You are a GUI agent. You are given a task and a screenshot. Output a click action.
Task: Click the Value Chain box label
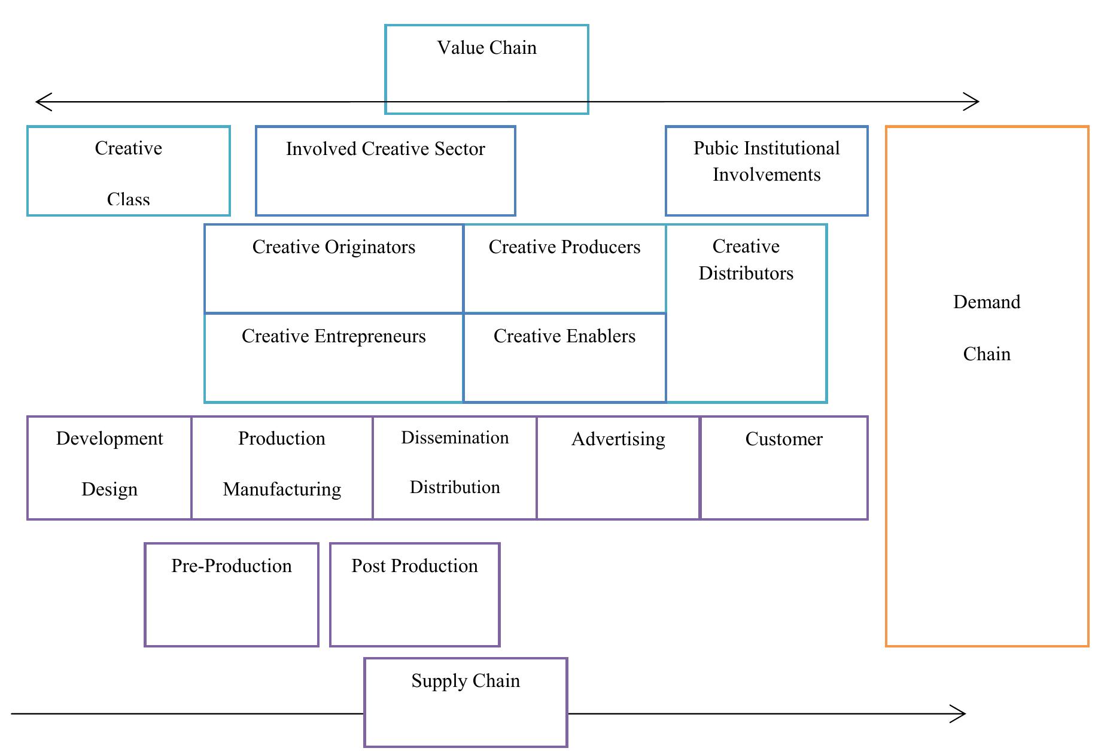point(486,48)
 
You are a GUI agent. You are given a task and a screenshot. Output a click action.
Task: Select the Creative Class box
point(129,171)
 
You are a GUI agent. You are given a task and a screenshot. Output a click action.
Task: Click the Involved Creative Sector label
point(385,149)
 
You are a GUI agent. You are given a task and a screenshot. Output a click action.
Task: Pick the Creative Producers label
point(564,247)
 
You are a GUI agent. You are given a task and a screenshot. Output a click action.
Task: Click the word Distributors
point(746,273)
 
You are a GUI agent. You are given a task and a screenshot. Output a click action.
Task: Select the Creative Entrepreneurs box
point(333,357)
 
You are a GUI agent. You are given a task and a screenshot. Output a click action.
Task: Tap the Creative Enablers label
point(564,336)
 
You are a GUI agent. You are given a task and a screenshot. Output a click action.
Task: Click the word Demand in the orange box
point(987,302)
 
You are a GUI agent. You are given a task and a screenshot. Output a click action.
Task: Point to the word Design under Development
point(110,489)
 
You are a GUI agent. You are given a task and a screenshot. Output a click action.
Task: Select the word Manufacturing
point(282,489)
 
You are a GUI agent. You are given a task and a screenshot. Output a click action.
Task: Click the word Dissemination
point(455,438)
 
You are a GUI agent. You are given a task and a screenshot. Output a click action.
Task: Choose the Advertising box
point(618,468)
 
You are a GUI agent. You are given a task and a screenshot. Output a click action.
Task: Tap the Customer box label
point(784,439)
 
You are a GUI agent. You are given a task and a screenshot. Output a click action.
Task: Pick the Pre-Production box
point(232,594)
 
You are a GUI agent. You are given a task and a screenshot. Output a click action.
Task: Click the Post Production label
point(415,566)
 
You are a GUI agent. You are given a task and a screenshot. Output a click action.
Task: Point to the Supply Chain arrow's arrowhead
point(962,713)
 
